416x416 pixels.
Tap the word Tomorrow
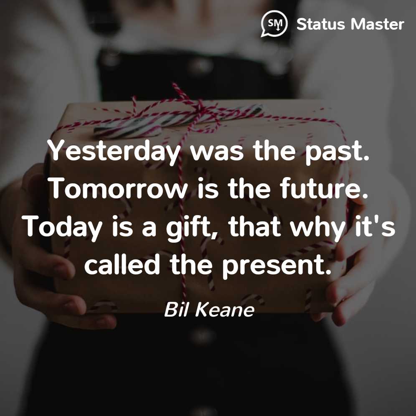click(119, 189)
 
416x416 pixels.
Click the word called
click(122, 264)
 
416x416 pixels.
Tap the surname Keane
click(225, 309)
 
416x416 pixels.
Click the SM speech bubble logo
click(274, 24)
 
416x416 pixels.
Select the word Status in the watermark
click(320, 24)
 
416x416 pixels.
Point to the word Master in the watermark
click(377, 24)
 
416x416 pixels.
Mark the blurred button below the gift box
click(203, 336)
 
